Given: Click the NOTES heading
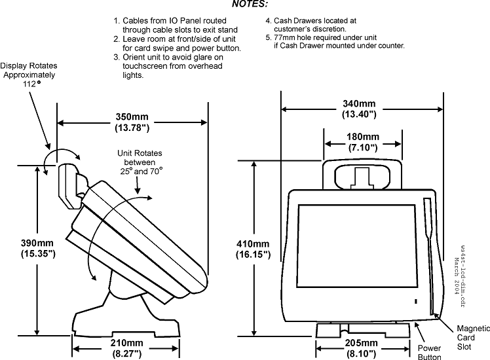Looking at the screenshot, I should click(249, 5).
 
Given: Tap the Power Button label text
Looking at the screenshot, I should click(430, 352).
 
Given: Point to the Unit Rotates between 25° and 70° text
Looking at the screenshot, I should click(140, 162).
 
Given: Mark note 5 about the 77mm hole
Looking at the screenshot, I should click(335, 41).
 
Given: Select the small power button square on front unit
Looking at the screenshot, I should click(415, 301).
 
